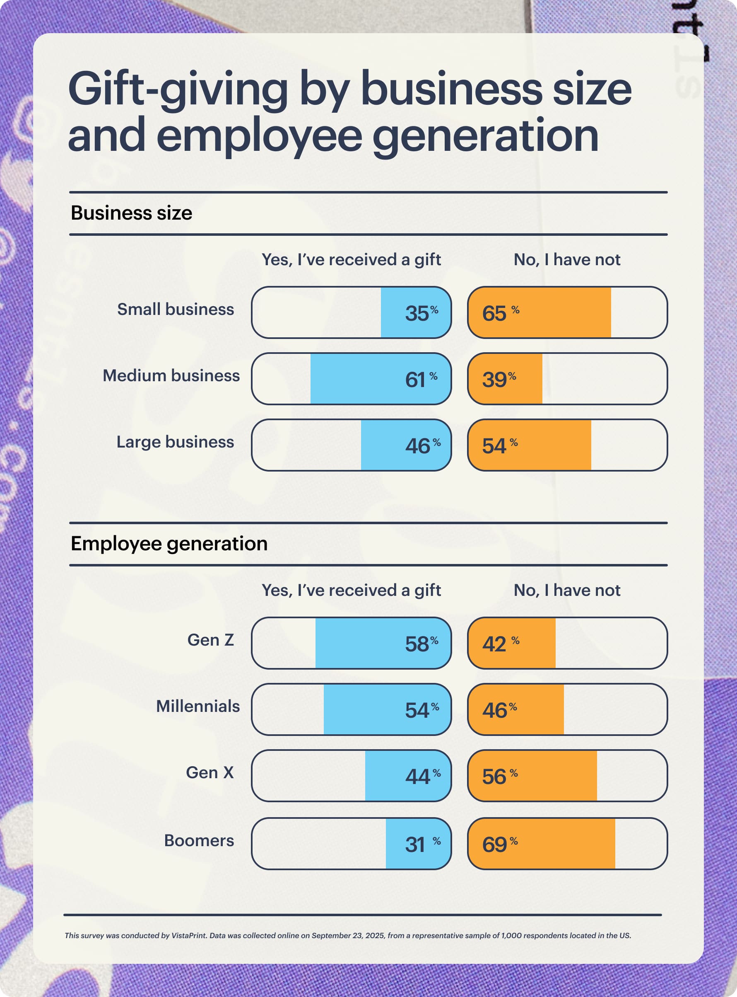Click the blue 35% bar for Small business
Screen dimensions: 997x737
pyautogui.click(x=415, y=312)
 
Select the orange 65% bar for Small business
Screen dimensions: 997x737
pyautogui.click(x=540, y=312)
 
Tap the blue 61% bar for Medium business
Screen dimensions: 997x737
pyautogui.click(x=379, y=379)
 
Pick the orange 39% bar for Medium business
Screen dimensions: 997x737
pyautogui.click(x=506, y=379)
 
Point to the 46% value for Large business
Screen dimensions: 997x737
pyautogui.click(x=421, y=445)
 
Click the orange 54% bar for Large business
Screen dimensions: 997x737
pyautogui.click(x=530, y=445)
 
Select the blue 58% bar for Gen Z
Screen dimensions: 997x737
pyautogui.click(x=383, y=644)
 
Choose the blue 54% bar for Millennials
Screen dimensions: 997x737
pyautogui.click(x=387, y=709)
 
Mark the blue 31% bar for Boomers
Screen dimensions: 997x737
pyautogui.click(x=418, y=844)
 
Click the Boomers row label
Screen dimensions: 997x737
pyautogui.click(x=199, y=840)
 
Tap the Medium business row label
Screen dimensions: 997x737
pyautogui.click(x=171, y=375)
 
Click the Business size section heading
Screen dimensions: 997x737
pyautogui.click(x=131, y=213)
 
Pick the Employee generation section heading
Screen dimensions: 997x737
pyautogui.click(x=169, y=543)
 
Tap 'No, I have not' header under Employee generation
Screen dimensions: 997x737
pyautogui.click(x=566, y=590)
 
